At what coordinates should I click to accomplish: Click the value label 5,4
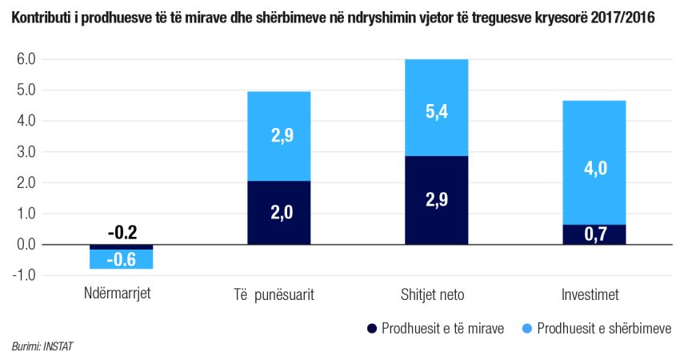click(x=437, y=113)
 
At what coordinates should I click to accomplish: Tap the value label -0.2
click(x=122, y=233)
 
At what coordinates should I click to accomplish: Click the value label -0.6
click(x=122, y=259)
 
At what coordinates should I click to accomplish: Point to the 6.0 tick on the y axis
click(x=26, y=59)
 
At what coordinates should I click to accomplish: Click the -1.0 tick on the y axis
click(x=24, y=275)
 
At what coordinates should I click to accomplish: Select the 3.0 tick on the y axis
click(x=26, y=152)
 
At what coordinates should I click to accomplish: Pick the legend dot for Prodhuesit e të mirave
click(x=371, y=328)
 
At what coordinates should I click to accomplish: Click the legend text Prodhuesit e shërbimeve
click(x=604, y=328)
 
